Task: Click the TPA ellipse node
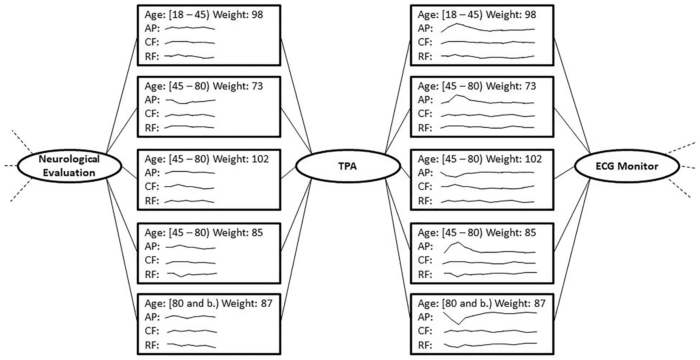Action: click(x=348, y=166)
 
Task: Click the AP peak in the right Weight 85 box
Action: click(x=458, y=243)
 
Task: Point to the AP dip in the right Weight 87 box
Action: click(x=459, y=324)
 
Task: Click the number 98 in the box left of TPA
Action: click(x=257, y=15)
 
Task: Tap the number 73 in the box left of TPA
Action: click(x=257, y=86)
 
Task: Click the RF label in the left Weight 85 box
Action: click(x=152, y=274)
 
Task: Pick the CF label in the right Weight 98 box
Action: click(x=425, y=42)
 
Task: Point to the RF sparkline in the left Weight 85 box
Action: click(x=192, y=274)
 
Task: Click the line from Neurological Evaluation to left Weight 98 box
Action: click(x=122, y=95)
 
